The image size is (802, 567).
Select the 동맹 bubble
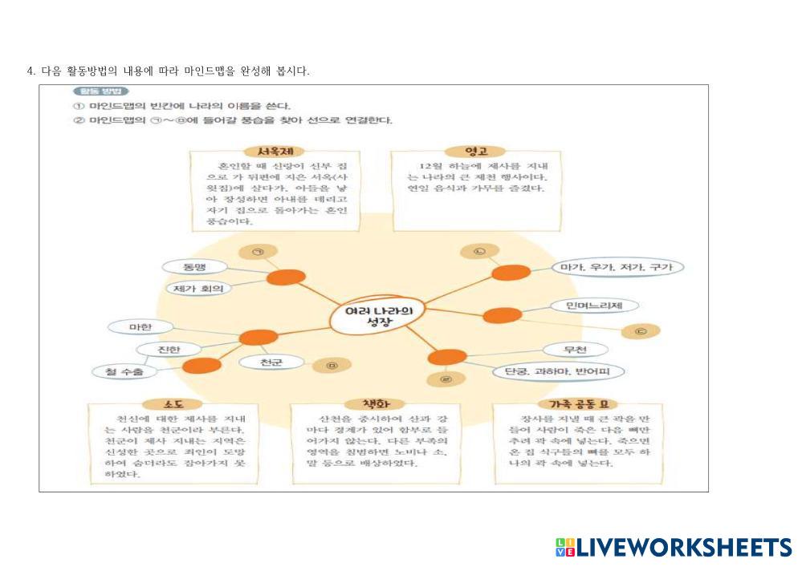click(194, 267)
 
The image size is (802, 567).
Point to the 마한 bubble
click(140, 326)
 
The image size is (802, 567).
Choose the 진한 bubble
click(169, 349)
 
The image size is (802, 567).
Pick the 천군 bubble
click(271, 362)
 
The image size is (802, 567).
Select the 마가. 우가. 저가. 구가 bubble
click(617, 267)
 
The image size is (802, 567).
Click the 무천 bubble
click(575, 350)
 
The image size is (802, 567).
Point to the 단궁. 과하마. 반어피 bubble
click(558, 371)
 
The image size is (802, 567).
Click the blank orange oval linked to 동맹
click(286, 278)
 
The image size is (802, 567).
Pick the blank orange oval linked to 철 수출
click(202, 366)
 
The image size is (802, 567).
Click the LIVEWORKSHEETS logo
click(673, 547)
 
